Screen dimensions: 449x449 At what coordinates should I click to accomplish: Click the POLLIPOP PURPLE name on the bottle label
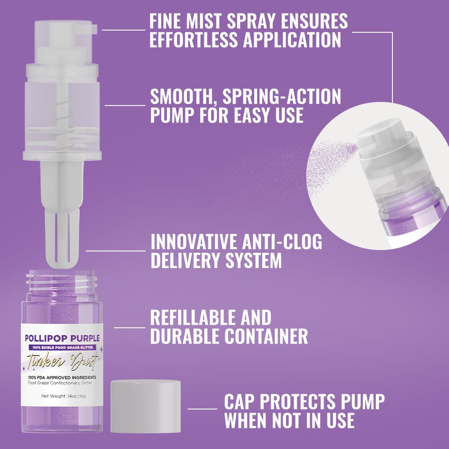pyautogui.click(x=63, y=338)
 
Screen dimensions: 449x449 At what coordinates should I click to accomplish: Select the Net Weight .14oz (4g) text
pyautogui.click(x=63, y=396)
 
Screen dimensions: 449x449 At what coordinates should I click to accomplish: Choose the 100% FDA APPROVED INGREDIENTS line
pyautogui.click(x=63, y=377)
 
